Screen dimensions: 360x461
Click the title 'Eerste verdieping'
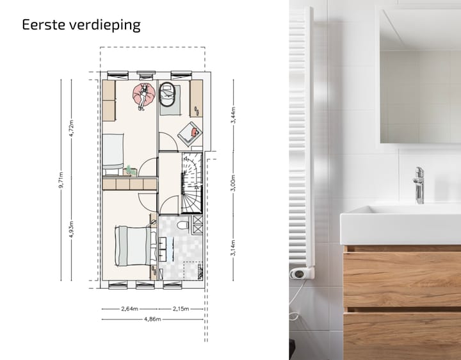pyautogui.click(x=81, y=26)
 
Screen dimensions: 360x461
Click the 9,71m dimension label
pyautogui.click(x=62, y=181)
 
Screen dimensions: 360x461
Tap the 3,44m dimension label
pyautogui.click(x=234, y=115)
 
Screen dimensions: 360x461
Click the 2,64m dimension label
pyautogui.click(x=130, y=309)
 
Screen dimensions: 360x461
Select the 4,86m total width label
pyautogui.click(x=152, y=318)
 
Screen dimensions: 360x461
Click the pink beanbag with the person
pyautogui.click(x=144, y=95)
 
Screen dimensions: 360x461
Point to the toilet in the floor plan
pyautogui.click(x=184, y=225)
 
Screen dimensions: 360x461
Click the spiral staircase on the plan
pyautogui.click(x=191, y=184)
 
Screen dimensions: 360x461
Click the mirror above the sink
pyautogui.click(x=419, y=77)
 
